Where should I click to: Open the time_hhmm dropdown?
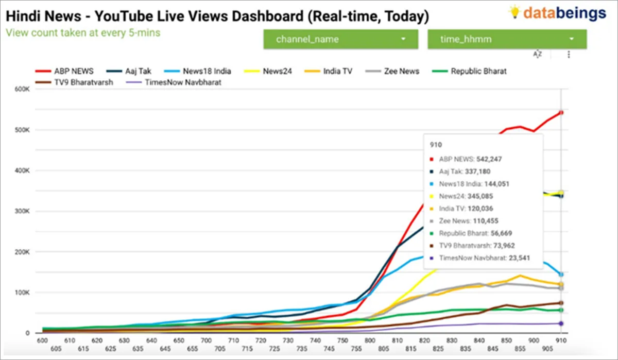tap(507, 39)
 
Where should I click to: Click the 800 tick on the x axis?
tap(369, 340)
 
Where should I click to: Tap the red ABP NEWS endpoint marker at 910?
tap(561, 112)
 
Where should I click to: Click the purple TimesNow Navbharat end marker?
tap(561, 323)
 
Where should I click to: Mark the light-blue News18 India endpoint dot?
tap(561, 275)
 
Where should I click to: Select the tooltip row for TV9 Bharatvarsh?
tap(477, 246)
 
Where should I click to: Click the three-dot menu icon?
tap(569, 54)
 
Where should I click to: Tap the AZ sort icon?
tap(538, 54)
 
